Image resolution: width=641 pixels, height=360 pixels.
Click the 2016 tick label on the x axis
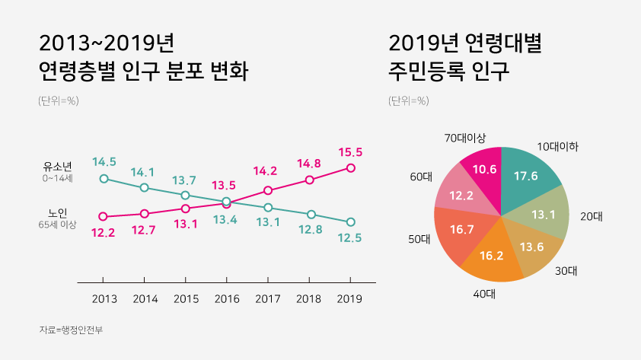tap(226, 299)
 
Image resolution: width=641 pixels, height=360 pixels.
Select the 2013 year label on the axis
tap(104, 299)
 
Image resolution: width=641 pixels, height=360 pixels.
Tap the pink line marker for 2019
tap(350, 167)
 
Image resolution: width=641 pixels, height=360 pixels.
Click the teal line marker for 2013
tap(104, 179)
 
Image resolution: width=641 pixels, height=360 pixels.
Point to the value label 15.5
tap(350, 152)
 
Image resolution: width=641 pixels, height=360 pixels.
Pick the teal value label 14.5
tap(104, 161)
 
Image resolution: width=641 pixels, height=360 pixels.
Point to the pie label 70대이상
tap(465, 138)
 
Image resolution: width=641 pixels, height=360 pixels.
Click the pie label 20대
tap(591, 216)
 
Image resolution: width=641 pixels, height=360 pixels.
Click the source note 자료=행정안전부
tap(71, 330)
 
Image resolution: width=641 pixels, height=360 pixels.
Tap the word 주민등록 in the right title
tap(424, 72)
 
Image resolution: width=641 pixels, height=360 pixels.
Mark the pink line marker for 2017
tap(268, 190)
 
